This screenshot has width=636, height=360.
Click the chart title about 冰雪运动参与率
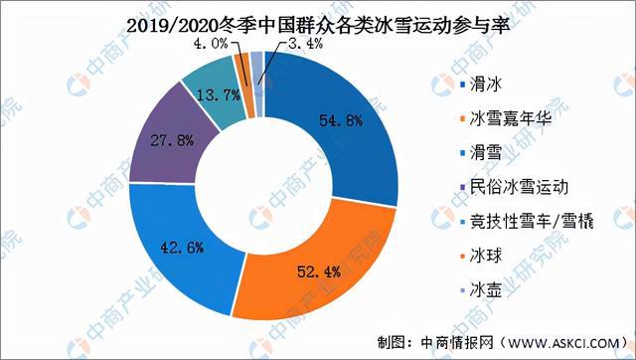point(318,22)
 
